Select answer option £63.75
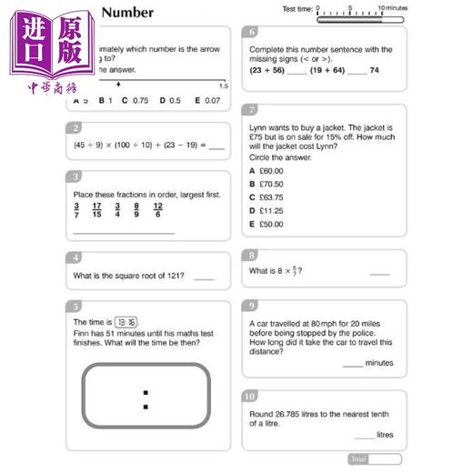coord(266,196)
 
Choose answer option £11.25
coord(266,210)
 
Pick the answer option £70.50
coord(266,184)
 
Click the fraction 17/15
coord(96,210)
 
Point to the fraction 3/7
coord(76,210)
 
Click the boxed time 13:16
coord(126,322)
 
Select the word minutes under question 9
coord(379,363)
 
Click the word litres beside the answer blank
coord(386,435)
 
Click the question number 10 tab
coord(251,397)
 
